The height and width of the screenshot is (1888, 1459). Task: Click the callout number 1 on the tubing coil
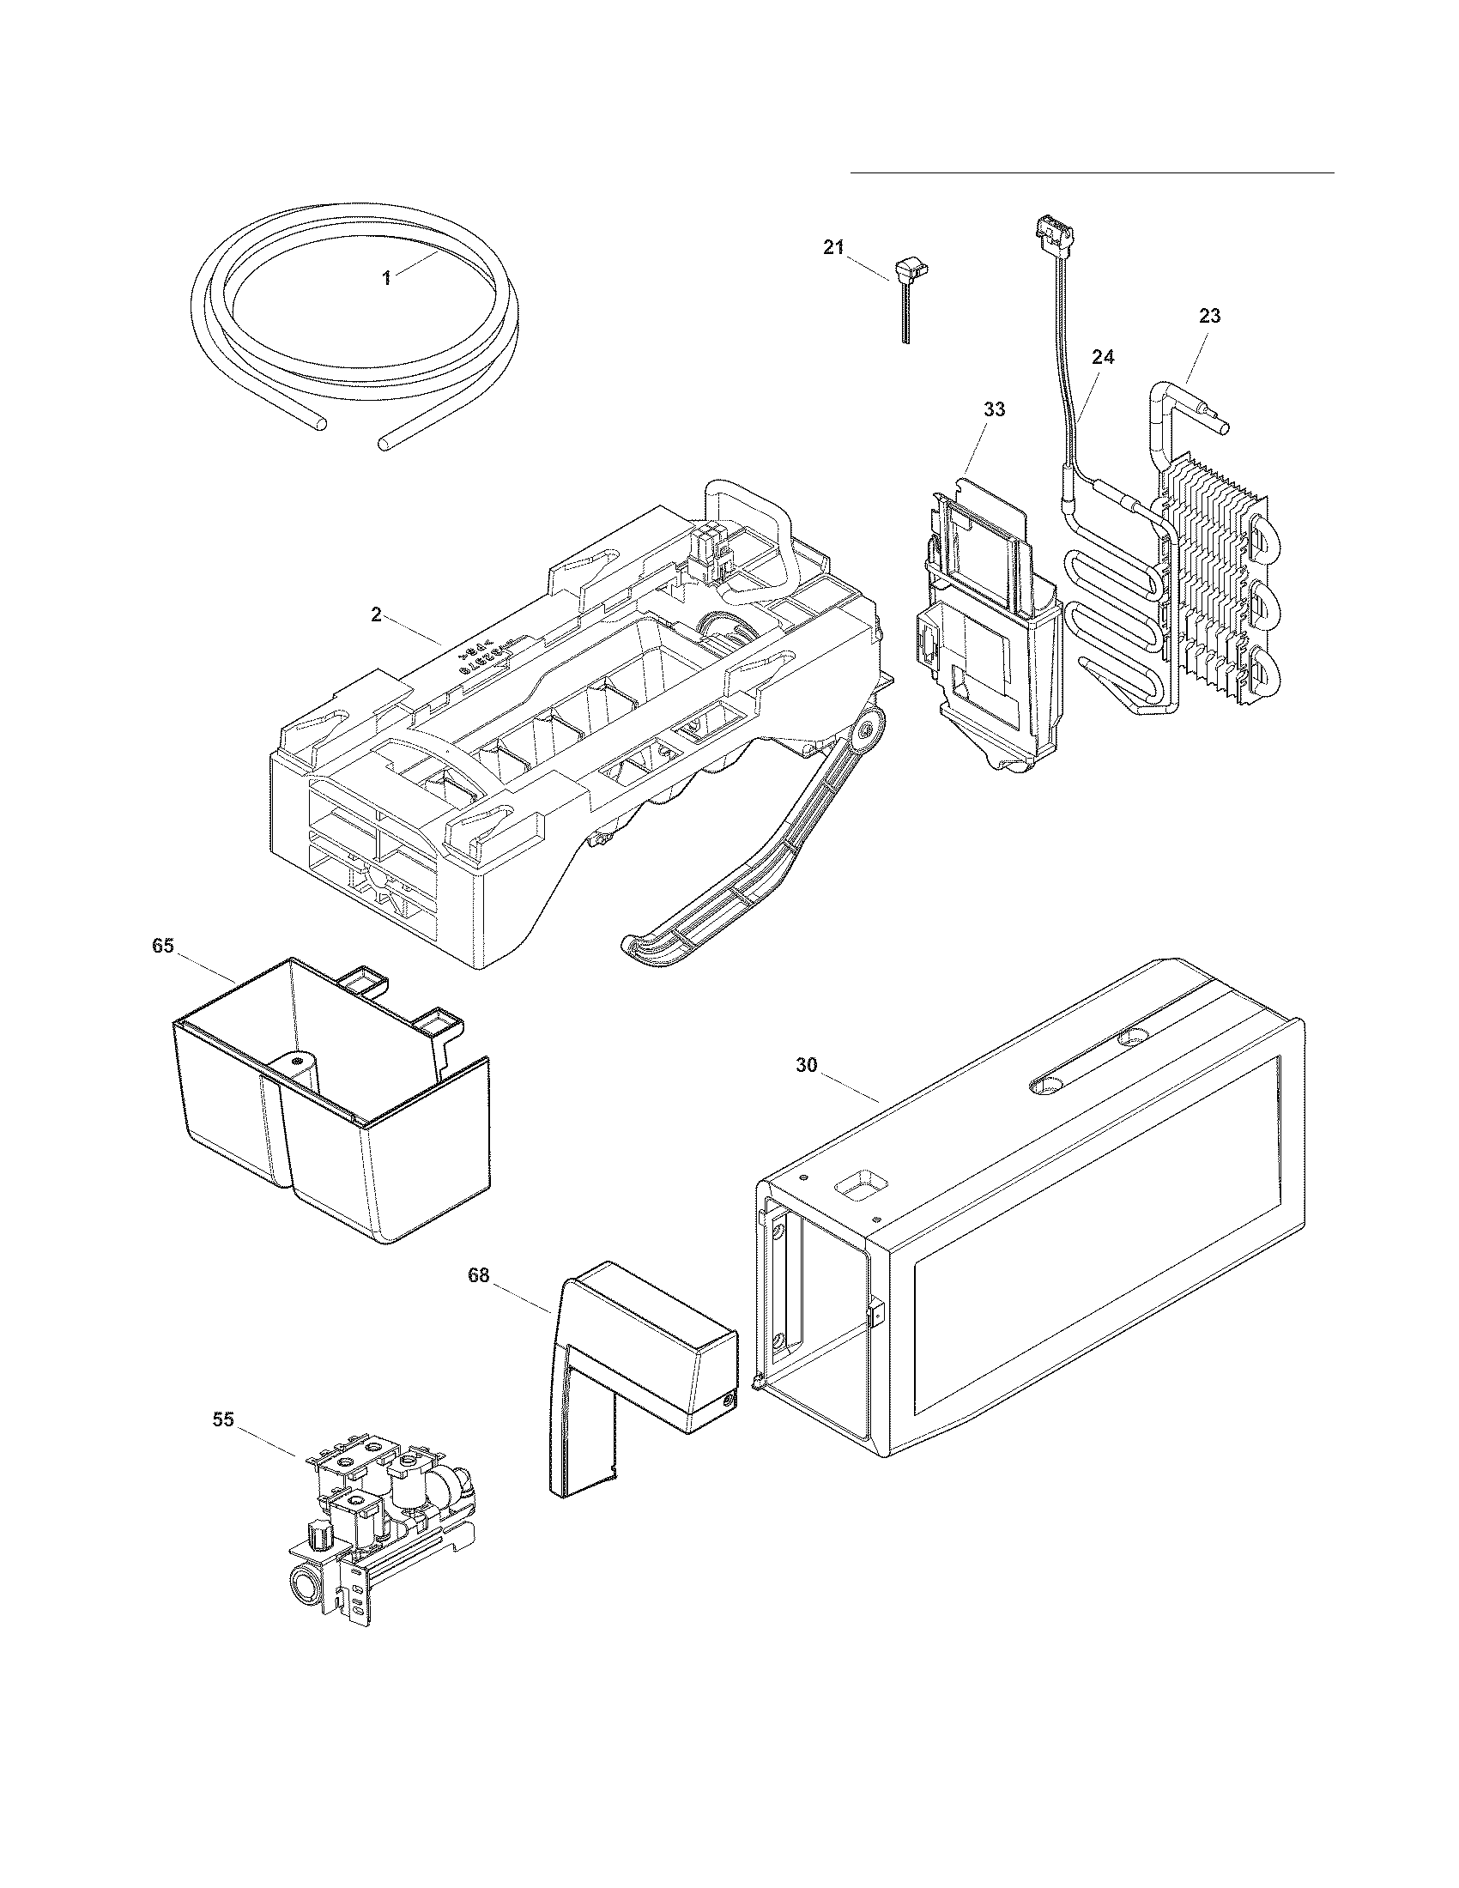[x=387, y=277]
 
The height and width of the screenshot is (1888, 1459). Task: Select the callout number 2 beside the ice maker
[x=376, y=614]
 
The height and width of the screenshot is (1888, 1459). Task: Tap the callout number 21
[x=832, y=248]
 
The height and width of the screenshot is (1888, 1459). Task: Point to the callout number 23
[x=1210, y=317]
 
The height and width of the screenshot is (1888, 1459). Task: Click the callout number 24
[x=1103, y=357]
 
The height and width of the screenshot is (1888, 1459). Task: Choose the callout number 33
[x=994, y=408]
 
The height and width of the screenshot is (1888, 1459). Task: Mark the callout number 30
[x=806, y=1066]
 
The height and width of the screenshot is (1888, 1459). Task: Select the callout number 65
[x=163, y=946]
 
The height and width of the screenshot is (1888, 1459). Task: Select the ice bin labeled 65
[x=329, y=1115]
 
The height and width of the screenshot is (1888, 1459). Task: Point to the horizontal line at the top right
[x=1092, y=172]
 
